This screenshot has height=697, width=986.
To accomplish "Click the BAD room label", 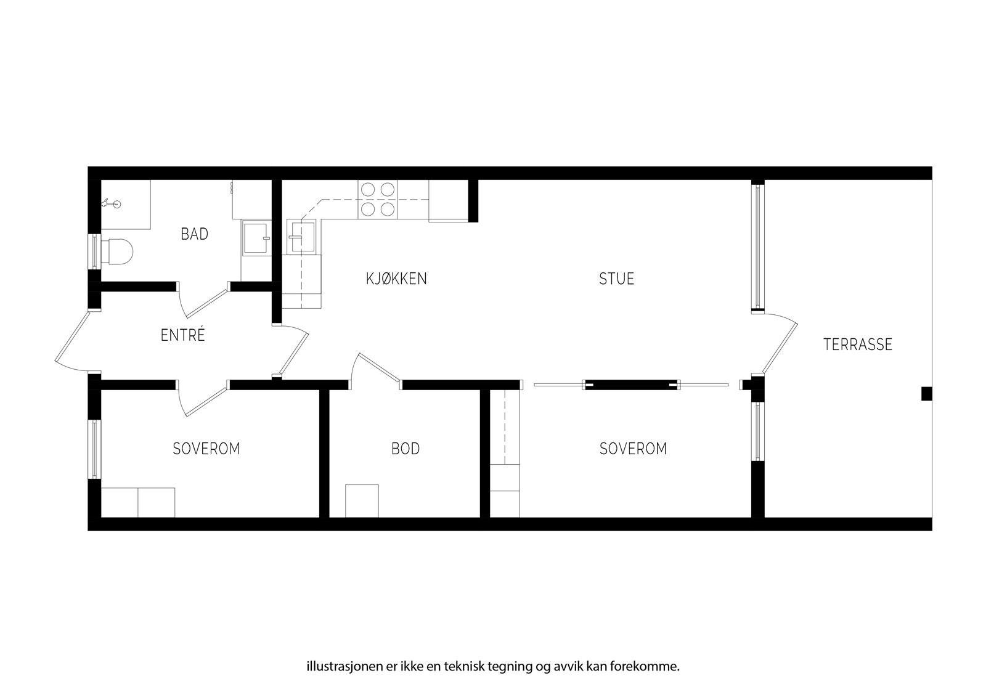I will coord(194,234).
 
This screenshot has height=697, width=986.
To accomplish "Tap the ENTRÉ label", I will coord(182,336).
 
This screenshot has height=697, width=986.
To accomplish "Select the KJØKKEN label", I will coord(396,279).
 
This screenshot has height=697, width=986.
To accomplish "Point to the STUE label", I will coord(616,279).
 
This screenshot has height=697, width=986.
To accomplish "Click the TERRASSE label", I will coord(857,344).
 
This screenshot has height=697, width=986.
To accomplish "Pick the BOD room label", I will coord(405,449).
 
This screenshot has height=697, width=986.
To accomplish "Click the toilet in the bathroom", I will coord(118,251).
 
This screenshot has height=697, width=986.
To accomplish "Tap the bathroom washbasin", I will coord(255,238).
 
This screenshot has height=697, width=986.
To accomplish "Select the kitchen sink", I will coord(303,237).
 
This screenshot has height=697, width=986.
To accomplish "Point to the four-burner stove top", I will coord(378,200).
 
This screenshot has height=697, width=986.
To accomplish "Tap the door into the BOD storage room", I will coord(375,367).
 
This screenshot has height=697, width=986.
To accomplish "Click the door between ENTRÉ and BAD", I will coord(203,301).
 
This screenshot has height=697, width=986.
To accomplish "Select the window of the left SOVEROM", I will coord(94,449).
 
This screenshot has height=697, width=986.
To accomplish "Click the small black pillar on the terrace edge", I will coord(926,394).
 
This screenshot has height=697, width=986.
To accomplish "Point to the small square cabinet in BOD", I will coord(362,501).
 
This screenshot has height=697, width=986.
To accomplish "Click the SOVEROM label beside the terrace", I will coord(633,449).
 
